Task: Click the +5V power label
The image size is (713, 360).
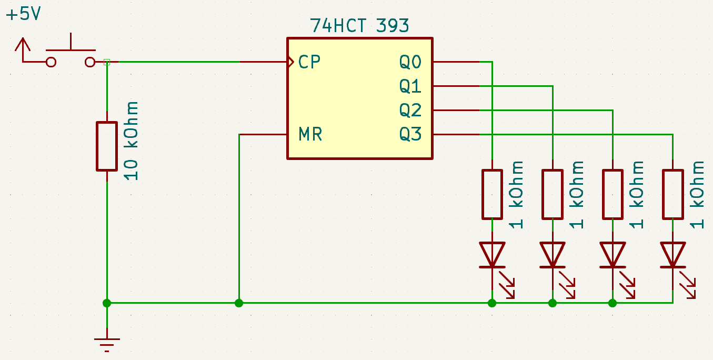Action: pos(24,14)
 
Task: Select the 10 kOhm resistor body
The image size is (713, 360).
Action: pos(107,146)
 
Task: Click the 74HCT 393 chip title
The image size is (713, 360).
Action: pos(359,26)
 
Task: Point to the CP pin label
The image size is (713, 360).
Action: pos(309,62)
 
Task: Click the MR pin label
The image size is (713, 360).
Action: pos(310,134)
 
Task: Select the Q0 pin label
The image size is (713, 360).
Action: pos(410,62)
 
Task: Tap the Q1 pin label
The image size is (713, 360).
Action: pos(410,86)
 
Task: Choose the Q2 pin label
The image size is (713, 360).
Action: pos(410,111)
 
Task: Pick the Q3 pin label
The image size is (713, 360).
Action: pos(410,134)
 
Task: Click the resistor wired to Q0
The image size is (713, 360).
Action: pos(492,195)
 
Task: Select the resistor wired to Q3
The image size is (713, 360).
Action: pos(673,195)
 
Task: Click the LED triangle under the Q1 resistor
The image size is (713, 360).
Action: pos(553,255)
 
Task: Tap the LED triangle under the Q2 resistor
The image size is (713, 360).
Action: pos(612,255)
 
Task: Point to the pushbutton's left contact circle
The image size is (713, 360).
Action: pos(51,62)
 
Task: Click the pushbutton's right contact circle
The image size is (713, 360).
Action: pos(90,62)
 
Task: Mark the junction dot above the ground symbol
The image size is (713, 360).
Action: pos(107,303)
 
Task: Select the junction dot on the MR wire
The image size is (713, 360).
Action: pos(239,303)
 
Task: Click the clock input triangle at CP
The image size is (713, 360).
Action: pos(290,62)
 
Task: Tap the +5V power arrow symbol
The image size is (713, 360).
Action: pos(23,49)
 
